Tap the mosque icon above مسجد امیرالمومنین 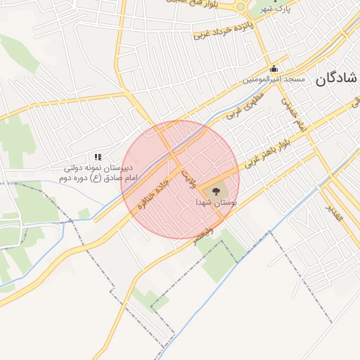pos(274,69)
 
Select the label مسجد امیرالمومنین pos(274,80)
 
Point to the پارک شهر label pos(275,8)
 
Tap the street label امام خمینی pos(293,112)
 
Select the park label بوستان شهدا pos(217,202)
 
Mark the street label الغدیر pos(333,213)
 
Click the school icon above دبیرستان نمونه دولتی pos(98,157)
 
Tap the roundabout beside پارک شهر pos(240,7)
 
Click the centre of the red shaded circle pos(180,180)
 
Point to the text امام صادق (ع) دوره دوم pos(87,179)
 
